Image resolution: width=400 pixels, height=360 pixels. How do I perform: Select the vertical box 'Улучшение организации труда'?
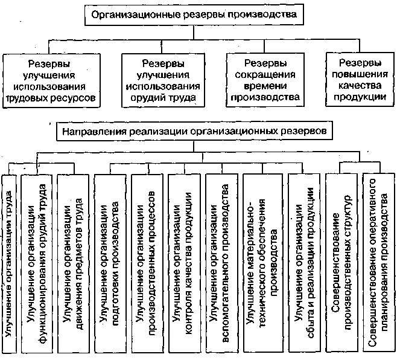(x=9, y=262)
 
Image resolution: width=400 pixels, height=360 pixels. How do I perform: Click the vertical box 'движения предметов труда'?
(x=75, y=262)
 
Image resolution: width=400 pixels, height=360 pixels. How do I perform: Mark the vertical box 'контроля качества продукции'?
(x=185, y=262)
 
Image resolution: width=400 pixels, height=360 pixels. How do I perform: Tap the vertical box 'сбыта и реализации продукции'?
(x=302, y=262)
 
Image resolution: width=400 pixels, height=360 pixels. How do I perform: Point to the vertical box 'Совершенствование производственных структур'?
(x=341, y=262)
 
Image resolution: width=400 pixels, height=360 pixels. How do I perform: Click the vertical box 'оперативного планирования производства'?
(x=378, y=262)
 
